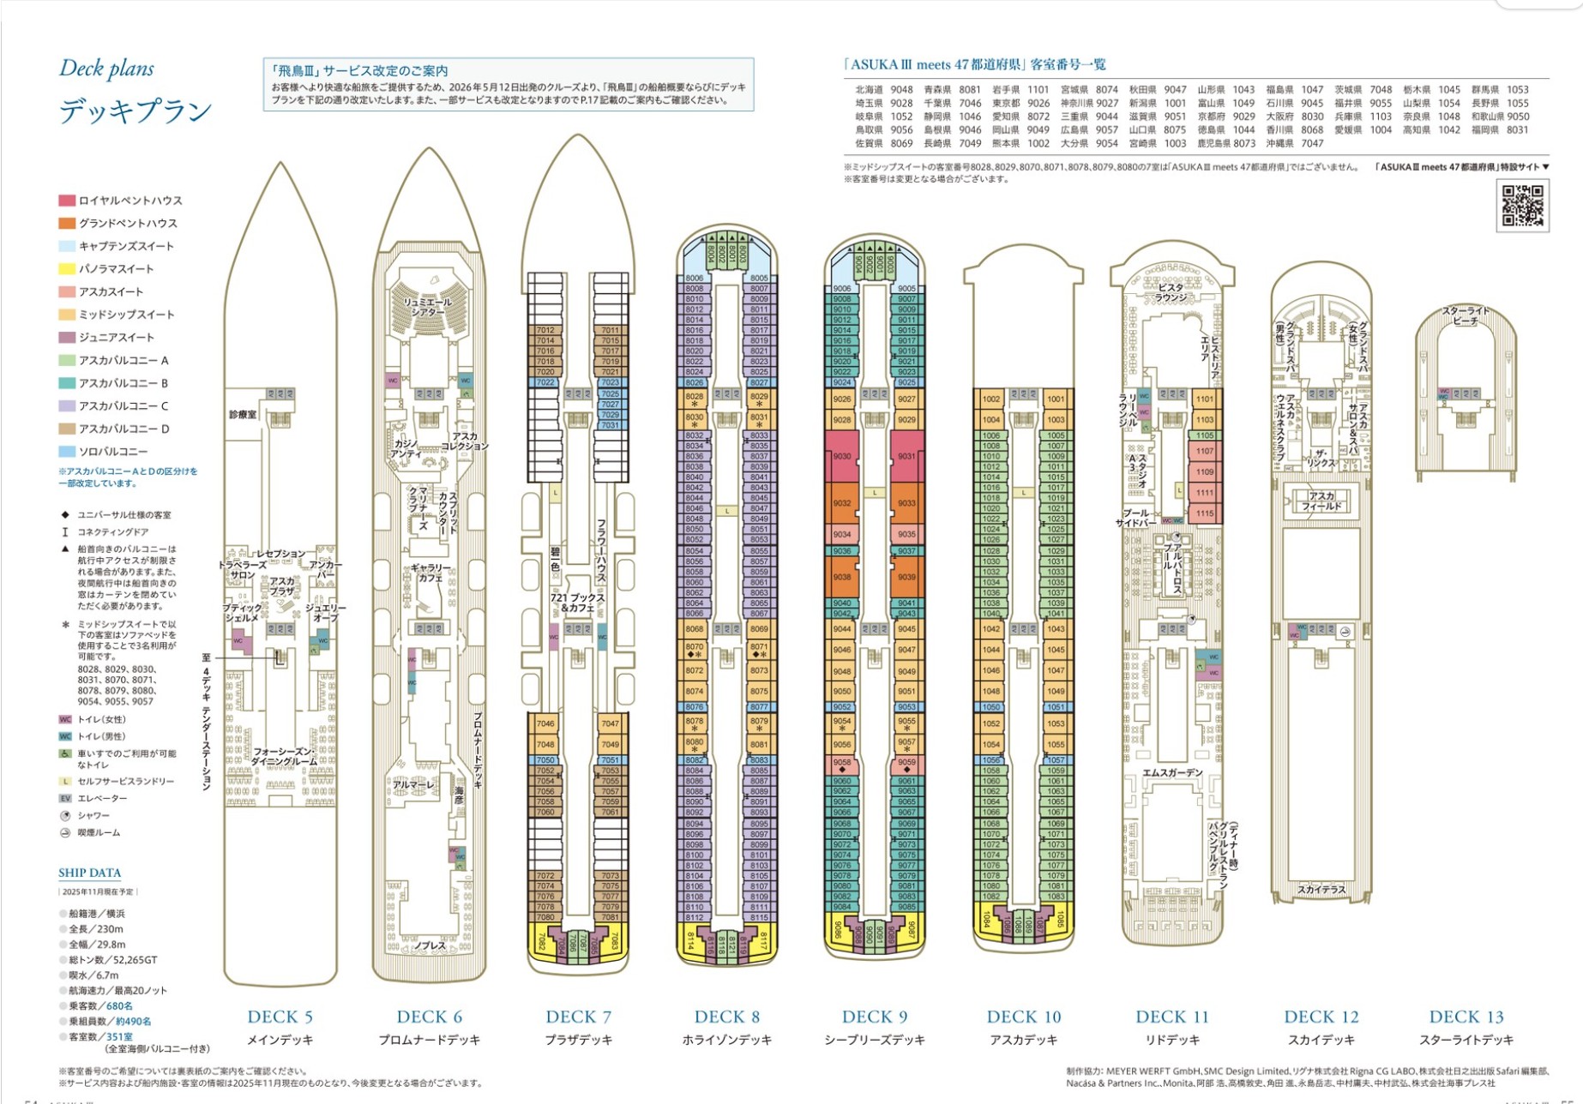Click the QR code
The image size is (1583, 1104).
[1523, 206]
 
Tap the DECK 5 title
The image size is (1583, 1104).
[280, 1017]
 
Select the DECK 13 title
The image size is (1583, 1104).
[1466, 1017]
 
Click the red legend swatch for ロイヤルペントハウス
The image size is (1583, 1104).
[67, 201]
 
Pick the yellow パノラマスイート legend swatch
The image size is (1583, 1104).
[67, 269]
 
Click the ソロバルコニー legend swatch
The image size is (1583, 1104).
[67, 452]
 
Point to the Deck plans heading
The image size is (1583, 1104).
[106, 69]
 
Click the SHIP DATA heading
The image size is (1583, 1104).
[89, 873]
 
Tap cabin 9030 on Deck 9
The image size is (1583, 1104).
[841, 457]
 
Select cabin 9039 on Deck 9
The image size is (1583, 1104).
[906, 577]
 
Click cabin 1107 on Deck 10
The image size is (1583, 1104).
[1205, 451]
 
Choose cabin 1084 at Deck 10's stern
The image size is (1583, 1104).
[987, 921]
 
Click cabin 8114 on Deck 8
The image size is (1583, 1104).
[689, 940]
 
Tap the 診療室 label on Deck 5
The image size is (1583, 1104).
[242, 415]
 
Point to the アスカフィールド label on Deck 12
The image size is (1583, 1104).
[1321, 501]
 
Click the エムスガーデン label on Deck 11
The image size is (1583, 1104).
[1171, 773]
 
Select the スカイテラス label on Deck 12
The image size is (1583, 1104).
[1321, 890]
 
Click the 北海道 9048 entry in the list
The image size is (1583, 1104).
[883, 90]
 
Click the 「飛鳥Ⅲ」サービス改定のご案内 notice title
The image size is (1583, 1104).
[359, 71]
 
